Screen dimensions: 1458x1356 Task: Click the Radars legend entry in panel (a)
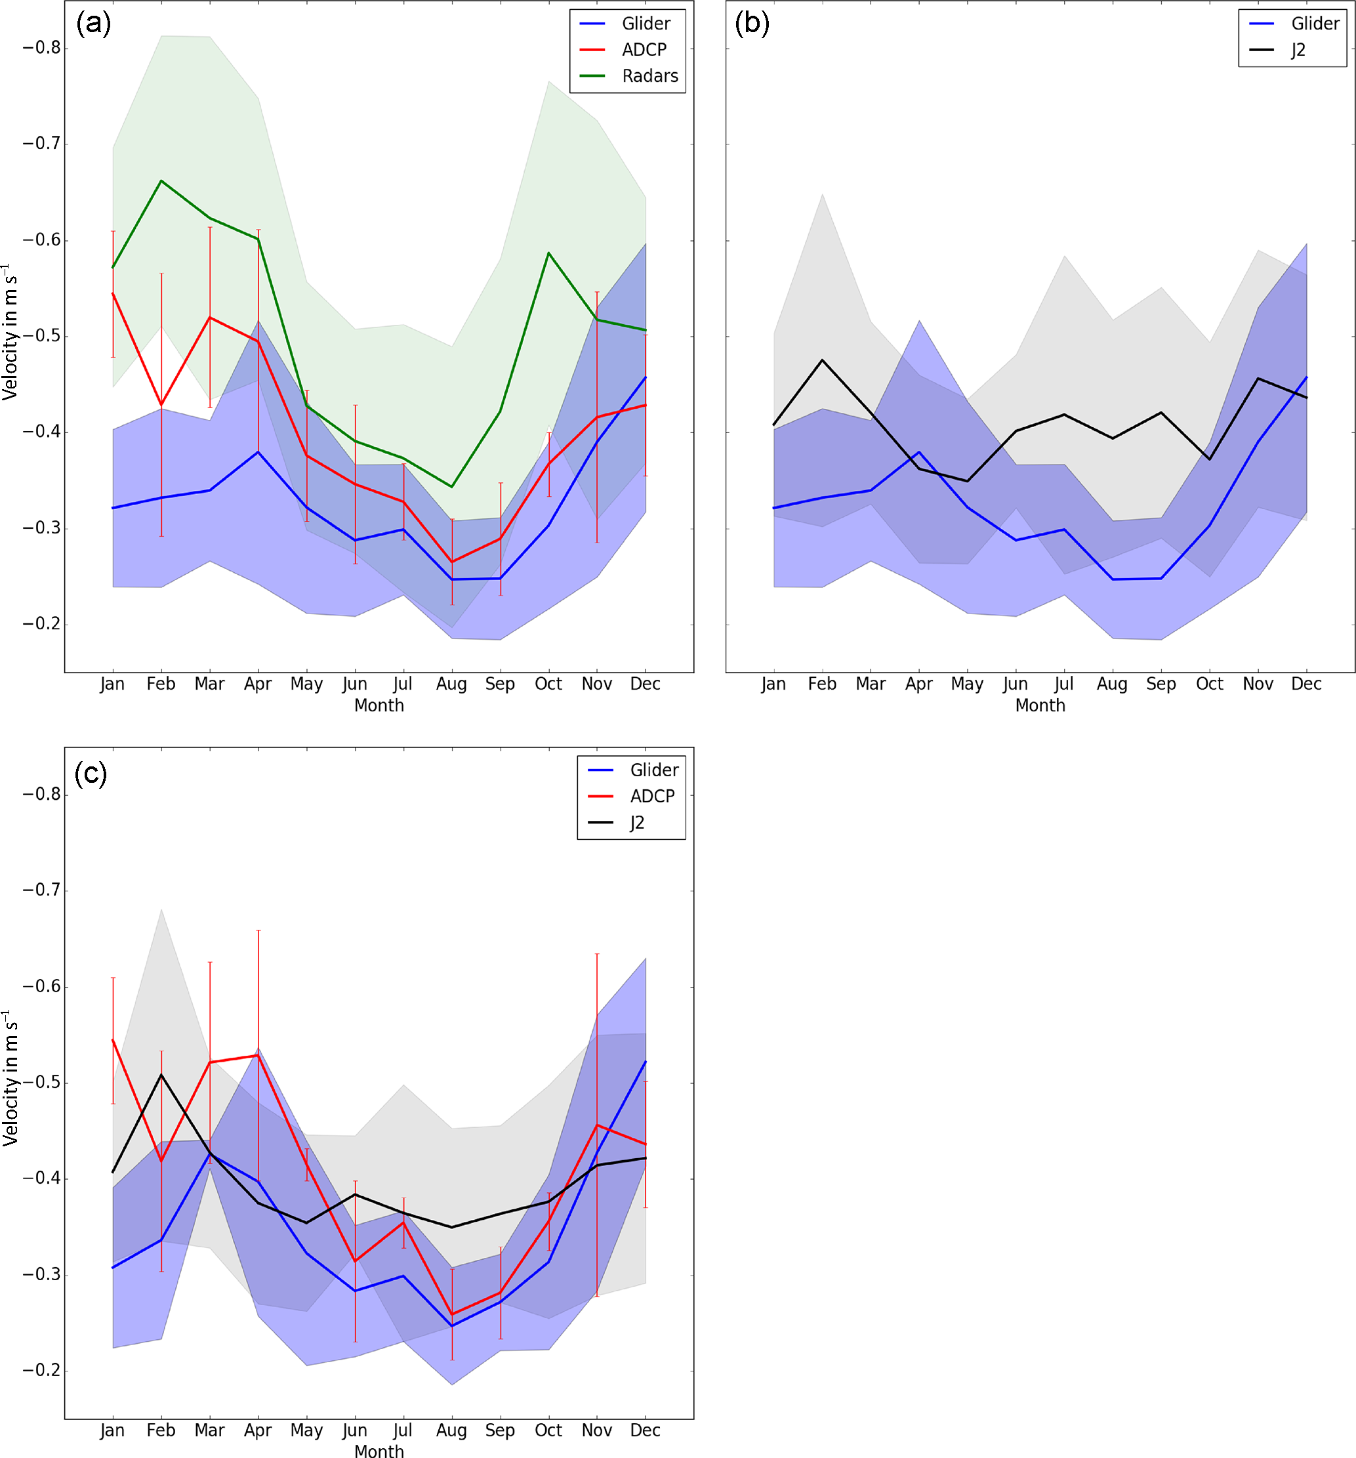point(649,75)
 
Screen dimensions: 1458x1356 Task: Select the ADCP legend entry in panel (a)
point(644,49)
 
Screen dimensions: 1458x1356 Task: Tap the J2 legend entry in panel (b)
point(1298,49)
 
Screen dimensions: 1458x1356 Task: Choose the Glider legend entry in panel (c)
point(653,769)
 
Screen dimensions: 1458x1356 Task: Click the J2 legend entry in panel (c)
point(636,822)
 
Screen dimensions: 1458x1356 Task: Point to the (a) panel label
point(93,24)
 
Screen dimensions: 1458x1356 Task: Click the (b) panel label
point(752,24)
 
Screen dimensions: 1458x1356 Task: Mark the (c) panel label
point(91,773)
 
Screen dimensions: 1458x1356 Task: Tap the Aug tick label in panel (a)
point(451,684)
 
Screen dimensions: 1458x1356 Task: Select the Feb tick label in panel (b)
point(821,684)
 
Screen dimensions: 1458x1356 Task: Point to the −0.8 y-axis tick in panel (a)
point(41,49)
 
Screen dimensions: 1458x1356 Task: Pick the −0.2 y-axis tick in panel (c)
point(41,1370)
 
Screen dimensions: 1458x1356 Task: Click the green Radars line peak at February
point(161,180)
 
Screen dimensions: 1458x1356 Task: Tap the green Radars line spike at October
point(548,253)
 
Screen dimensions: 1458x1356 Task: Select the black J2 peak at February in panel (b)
point(822,360)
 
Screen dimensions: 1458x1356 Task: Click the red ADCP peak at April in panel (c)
point(257,1055)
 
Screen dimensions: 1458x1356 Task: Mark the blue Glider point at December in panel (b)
point(1306,377)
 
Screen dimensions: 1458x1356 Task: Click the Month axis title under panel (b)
point(1039,705)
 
